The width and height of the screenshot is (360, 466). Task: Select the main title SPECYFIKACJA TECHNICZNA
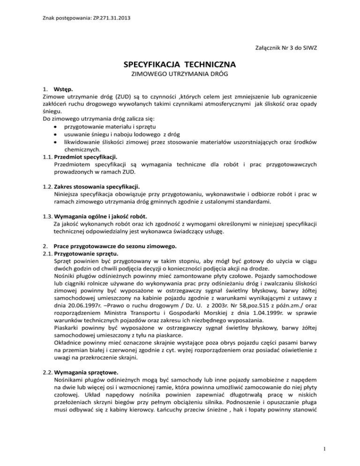click(180, 63)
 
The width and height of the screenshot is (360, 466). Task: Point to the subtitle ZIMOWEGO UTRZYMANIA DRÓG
click(180, 75)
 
